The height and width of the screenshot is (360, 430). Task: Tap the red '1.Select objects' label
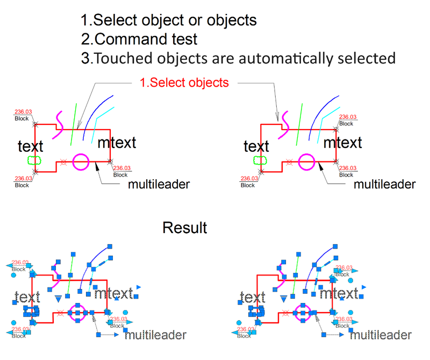(184, 83)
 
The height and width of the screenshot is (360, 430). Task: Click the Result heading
(185, 228)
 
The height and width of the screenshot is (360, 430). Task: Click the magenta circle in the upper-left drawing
(80, 161)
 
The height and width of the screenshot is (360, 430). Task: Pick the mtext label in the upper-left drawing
(117, 143)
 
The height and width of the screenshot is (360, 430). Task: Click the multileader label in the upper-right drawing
(384, 185)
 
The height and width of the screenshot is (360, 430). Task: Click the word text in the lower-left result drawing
(27, 297)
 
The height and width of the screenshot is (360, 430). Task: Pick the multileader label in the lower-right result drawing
(381, 335)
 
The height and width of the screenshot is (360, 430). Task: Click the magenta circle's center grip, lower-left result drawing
(78, 312)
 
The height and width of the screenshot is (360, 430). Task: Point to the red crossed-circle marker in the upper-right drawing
(289, 161)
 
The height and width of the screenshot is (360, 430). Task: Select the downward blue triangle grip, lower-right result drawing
(284, 297)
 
